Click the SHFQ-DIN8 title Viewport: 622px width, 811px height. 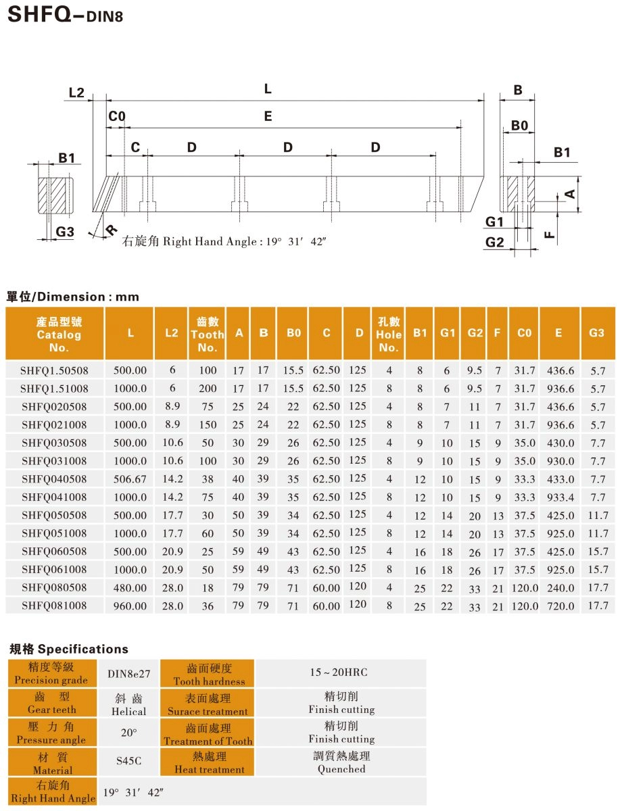click(64, 16)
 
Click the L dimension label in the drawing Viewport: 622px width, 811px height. click(268, 89)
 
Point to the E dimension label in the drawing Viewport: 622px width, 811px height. click(268, 117)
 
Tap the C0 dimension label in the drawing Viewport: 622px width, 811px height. click(116, 117)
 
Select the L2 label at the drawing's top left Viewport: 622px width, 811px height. click(76, 93)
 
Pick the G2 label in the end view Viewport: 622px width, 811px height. click(495, 243)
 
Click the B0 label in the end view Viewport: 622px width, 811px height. click(519, 126)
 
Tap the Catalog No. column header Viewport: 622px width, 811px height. click(59, 334)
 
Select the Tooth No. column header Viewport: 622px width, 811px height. click(208, 334)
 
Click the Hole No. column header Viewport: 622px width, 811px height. click(389, 334)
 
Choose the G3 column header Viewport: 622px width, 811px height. click(596, 333)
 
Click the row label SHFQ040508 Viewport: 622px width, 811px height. click(54, 479)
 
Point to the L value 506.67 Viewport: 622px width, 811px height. click(130, 479)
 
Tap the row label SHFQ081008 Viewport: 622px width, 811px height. click(54, 606)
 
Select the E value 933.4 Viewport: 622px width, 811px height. click(558, 497)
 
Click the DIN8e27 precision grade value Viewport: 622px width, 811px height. click(128, 673)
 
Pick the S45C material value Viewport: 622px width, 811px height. click(128, 761)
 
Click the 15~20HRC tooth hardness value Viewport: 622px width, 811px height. click(341, 672)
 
